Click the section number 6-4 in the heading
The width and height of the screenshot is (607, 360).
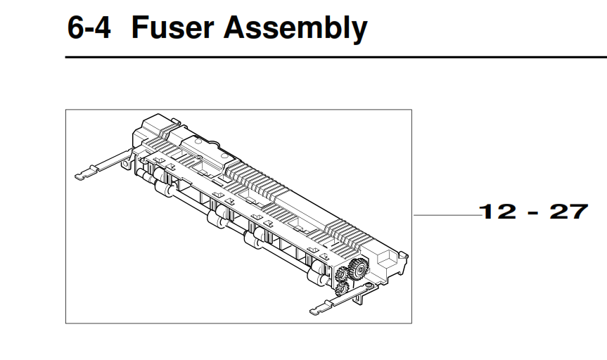88,29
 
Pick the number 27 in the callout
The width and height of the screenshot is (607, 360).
568,212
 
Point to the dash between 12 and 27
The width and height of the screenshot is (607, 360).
533,212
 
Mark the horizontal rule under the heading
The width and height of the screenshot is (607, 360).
336,57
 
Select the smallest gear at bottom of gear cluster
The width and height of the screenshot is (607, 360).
341,288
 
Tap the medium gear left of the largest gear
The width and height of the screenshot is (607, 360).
343,273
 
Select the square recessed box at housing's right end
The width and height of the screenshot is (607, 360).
385,259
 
